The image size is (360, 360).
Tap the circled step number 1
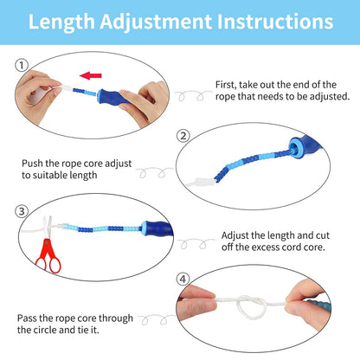click(22, 64)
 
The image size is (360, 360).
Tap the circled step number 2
click(183, 136)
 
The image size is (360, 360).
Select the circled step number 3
click(22, 210)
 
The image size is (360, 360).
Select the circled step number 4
click(183, 279)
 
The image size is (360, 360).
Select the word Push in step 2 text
click(33, 162)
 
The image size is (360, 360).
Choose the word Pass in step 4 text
click(29, 318)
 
